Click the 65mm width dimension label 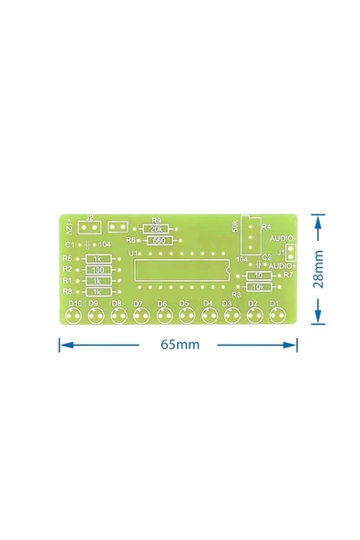[180, 345]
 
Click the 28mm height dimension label [318, 269]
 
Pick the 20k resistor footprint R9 [158, 229]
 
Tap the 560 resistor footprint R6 [159, 240]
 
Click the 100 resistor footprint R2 [98, 270]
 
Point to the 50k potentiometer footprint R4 [251, 235]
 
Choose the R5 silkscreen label [67, 259]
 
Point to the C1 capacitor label [69, 245]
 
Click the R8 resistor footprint [98, 291]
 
